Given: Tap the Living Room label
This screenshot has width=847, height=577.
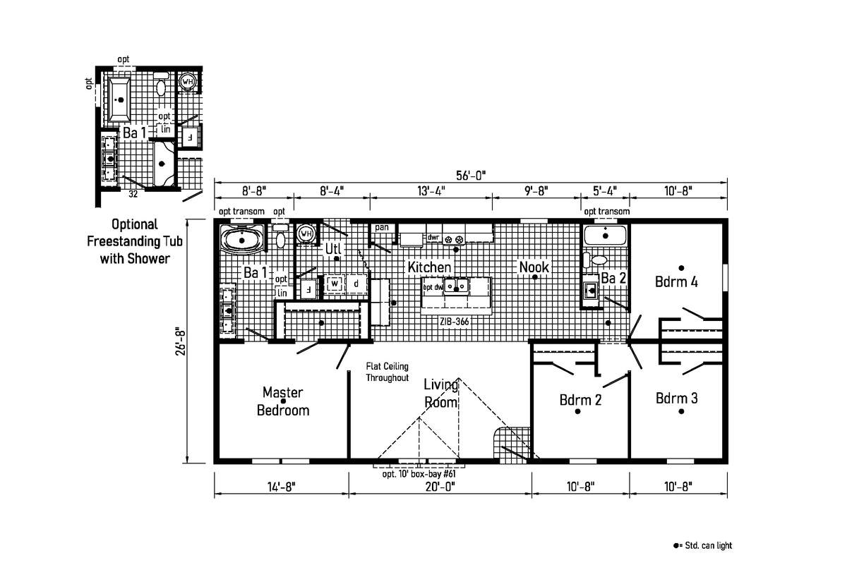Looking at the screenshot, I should pos(441,393).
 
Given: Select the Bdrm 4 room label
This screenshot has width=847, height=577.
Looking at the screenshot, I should pos(676,282).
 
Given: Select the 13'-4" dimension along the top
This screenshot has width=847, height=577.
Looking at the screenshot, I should pos(431,190).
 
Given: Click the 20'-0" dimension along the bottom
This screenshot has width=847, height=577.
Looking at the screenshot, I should pos(440,485).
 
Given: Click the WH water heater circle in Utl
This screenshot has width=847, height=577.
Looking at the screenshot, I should pos(306,233).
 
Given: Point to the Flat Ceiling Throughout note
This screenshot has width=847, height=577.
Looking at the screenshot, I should pos(387,372).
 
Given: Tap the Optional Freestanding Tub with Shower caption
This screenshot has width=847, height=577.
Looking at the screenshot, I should pos(134,241).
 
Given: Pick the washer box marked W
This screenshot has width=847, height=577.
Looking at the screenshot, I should pos(335,284).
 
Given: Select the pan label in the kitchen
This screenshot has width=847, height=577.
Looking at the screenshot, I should pos(382,227).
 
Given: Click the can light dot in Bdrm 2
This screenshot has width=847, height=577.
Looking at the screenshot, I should pos(577,413).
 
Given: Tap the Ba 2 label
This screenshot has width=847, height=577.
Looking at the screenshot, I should pos(613,278).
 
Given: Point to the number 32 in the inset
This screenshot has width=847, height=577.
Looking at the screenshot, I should pos(133,192).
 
